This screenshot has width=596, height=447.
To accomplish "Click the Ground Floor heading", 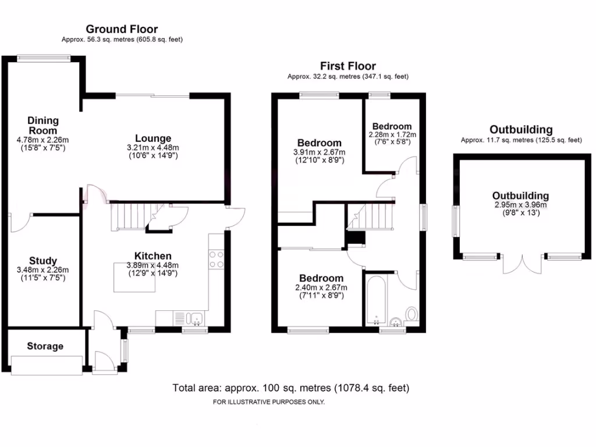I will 122,29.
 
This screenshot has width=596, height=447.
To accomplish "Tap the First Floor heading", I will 348,66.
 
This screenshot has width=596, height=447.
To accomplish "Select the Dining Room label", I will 42,125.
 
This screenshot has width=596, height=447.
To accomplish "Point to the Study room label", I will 42,261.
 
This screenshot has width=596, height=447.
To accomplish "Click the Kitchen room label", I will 152,256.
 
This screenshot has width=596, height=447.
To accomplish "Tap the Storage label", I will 45,346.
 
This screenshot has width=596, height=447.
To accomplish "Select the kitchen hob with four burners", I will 217,259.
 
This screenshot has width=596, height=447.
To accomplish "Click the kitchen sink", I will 194,318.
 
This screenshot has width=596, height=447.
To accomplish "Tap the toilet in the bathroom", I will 411,315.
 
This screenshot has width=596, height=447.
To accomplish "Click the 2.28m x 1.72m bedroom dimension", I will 392,135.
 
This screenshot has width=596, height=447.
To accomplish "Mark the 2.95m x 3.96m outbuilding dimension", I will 520,205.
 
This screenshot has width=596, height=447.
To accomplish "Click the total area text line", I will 291,388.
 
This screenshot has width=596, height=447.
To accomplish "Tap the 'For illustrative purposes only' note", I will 268,402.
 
